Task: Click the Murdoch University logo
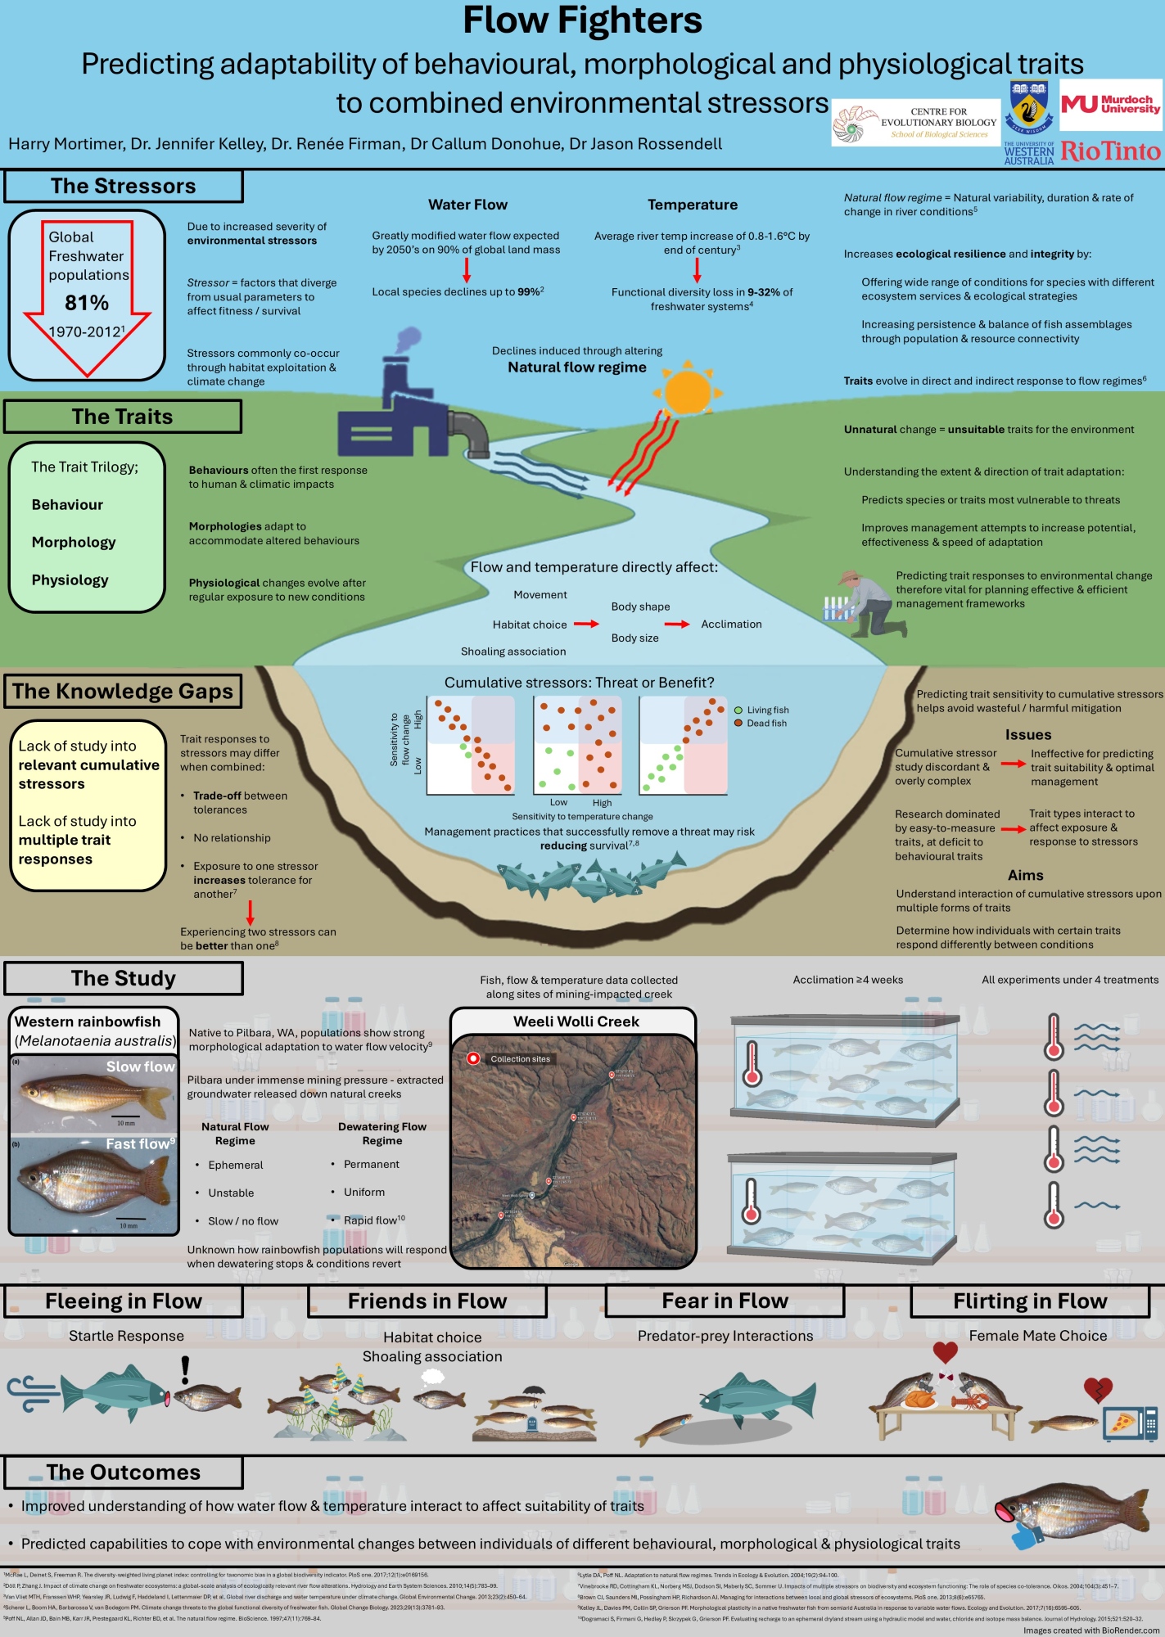click(1110, 105)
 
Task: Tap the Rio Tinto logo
click(1110, 151)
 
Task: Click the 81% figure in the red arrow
click(87, 303)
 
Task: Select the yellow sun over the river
click(688, 393)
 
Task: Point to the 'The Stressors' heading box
click(124, 187)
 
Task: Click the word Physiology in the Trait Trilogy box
click(70, 580)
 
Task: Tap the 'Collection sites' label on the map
click(520, 1059)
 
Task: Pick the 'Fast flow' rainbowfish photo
click(94, 1183)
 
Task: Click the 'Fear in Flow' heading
click(725, 1301)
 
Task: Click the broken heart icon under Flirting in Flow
click(1097, 1389)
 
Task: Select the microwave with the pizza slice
click(1130, 1424)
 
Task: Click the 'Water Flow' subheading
click(467, 205)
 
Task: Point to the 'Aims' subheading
click(1026, 875)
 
